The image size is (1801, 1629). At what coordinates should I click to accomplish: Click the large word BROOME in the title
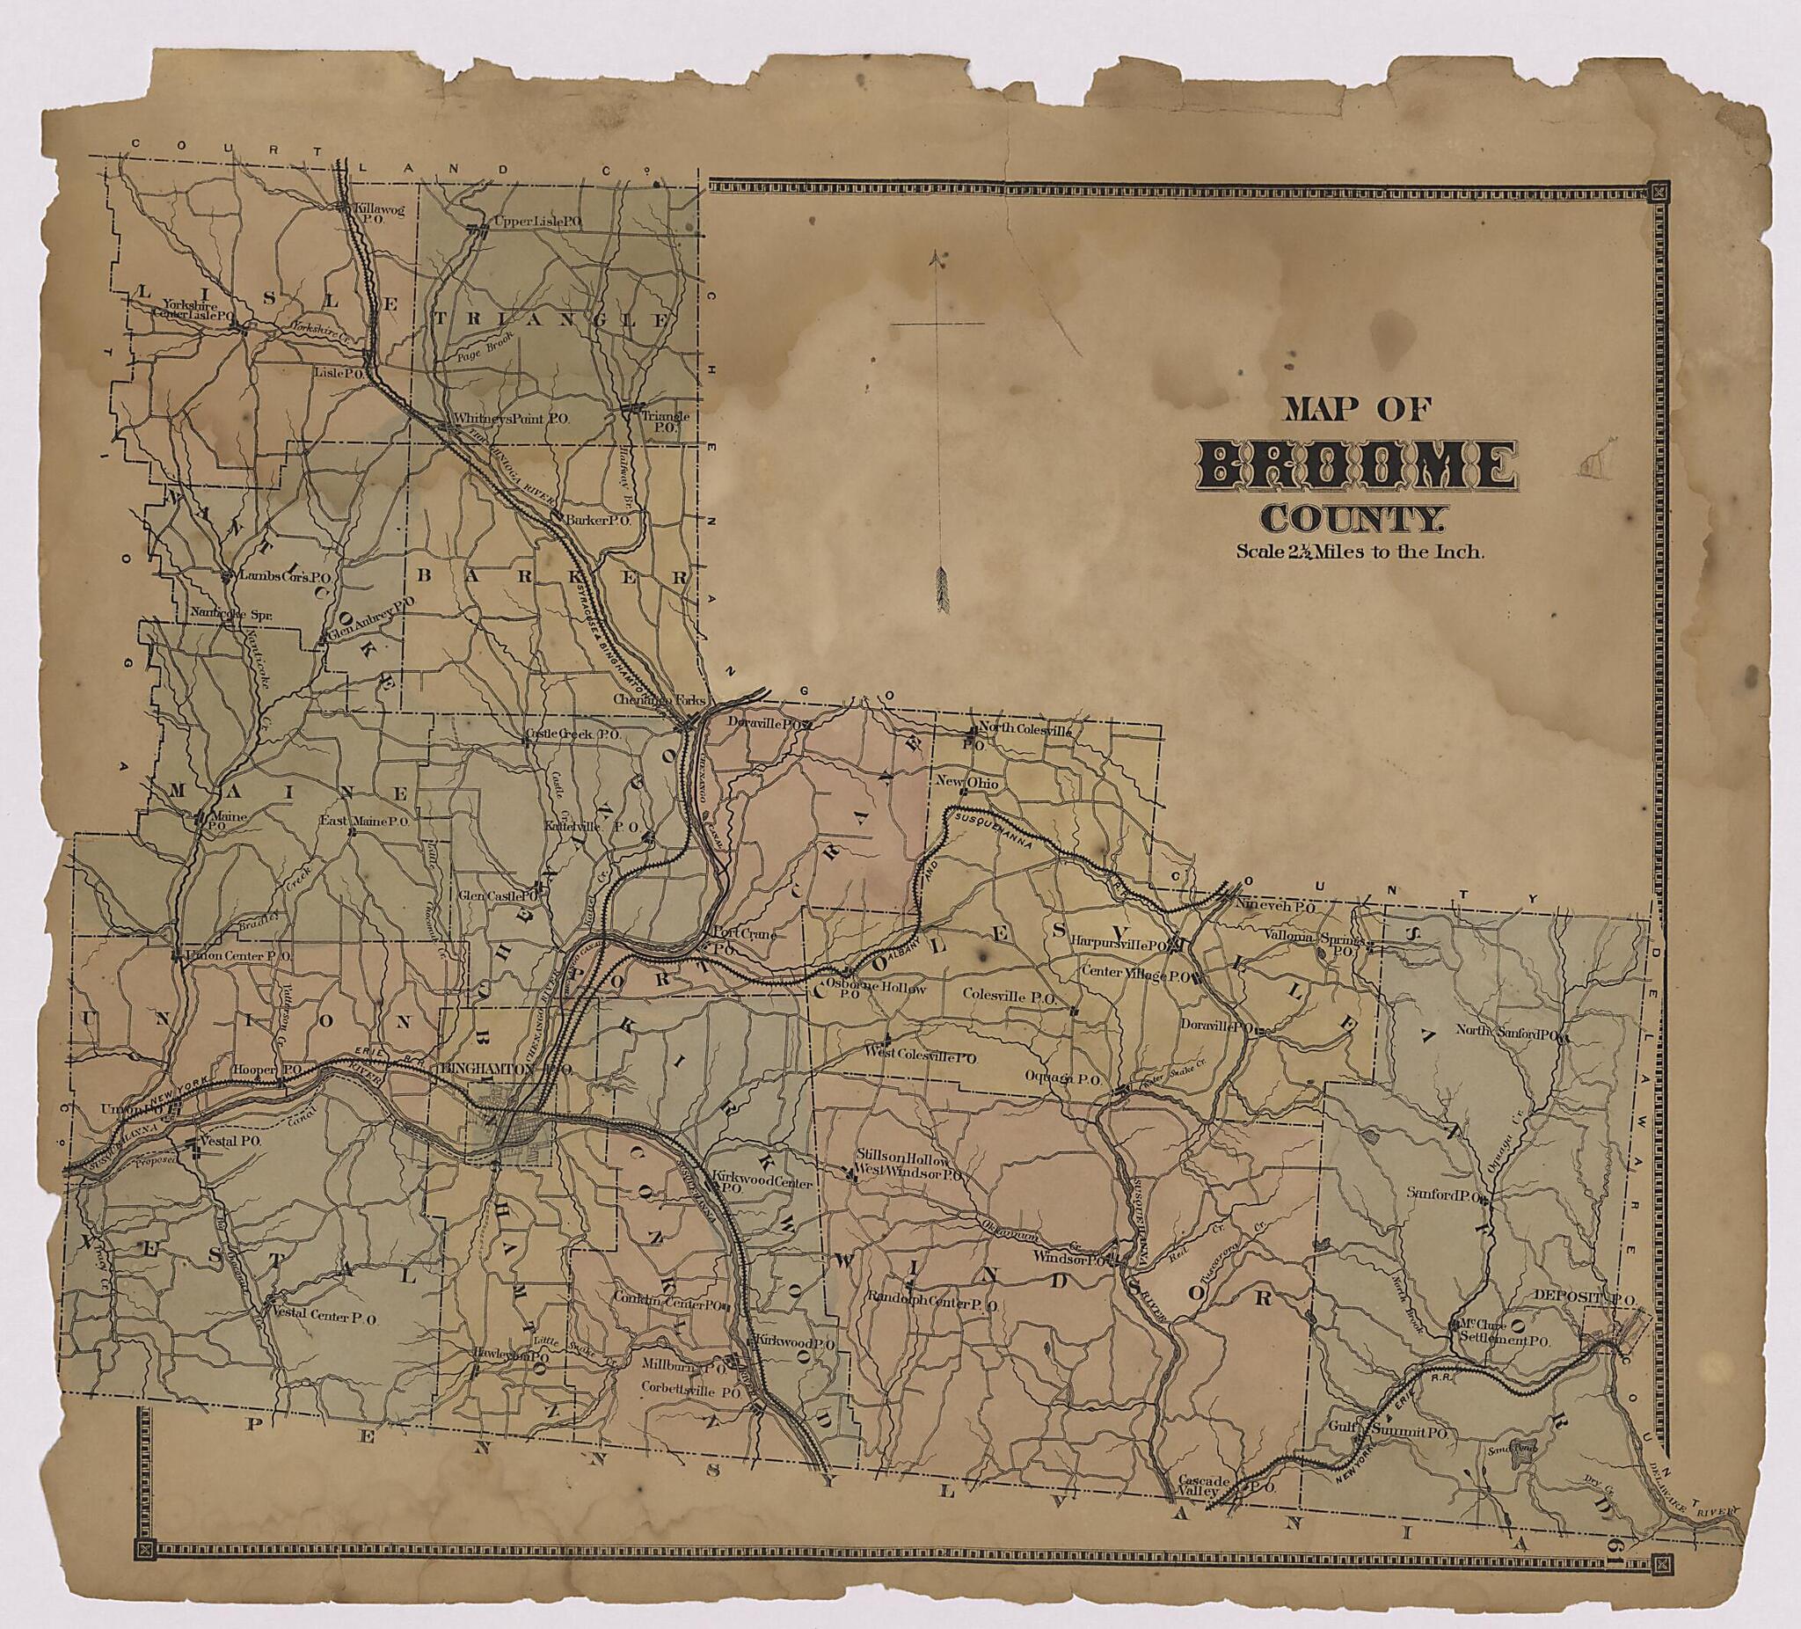coord(1356,466)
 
